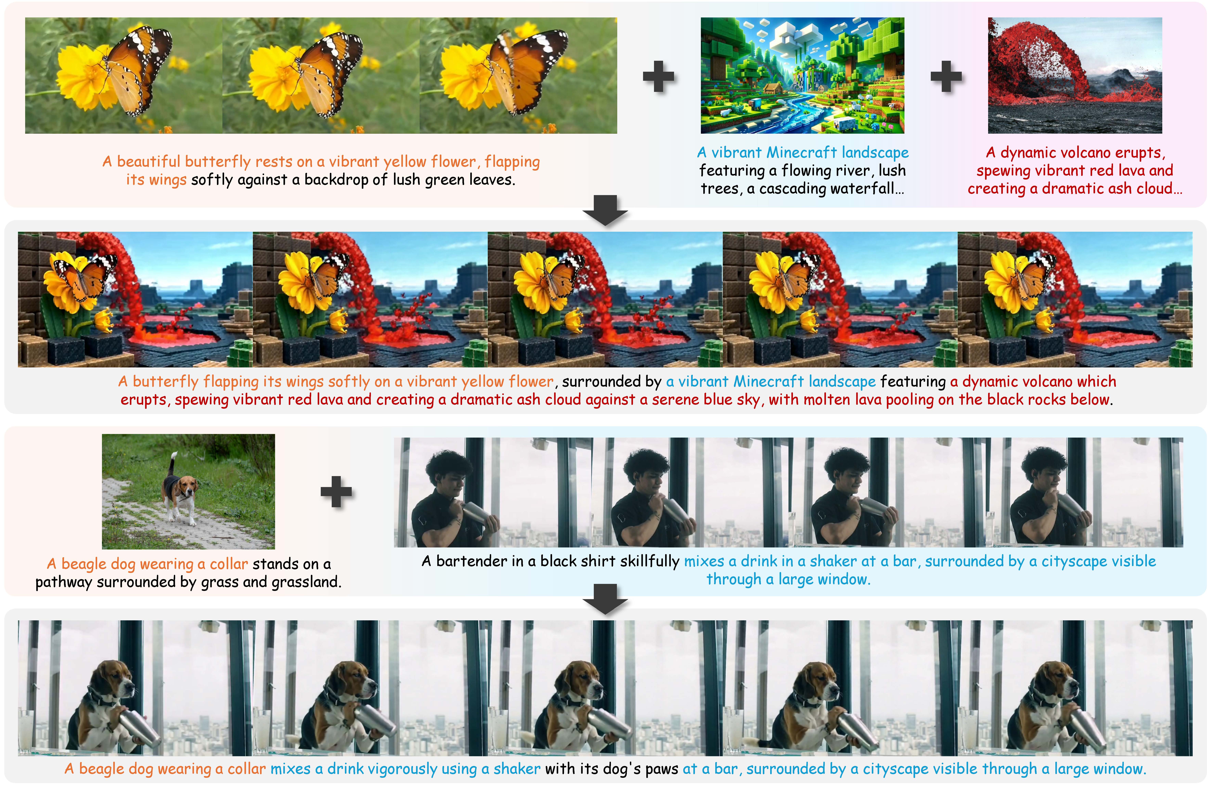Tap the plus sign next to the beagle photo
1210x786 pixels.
(336, 492)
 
